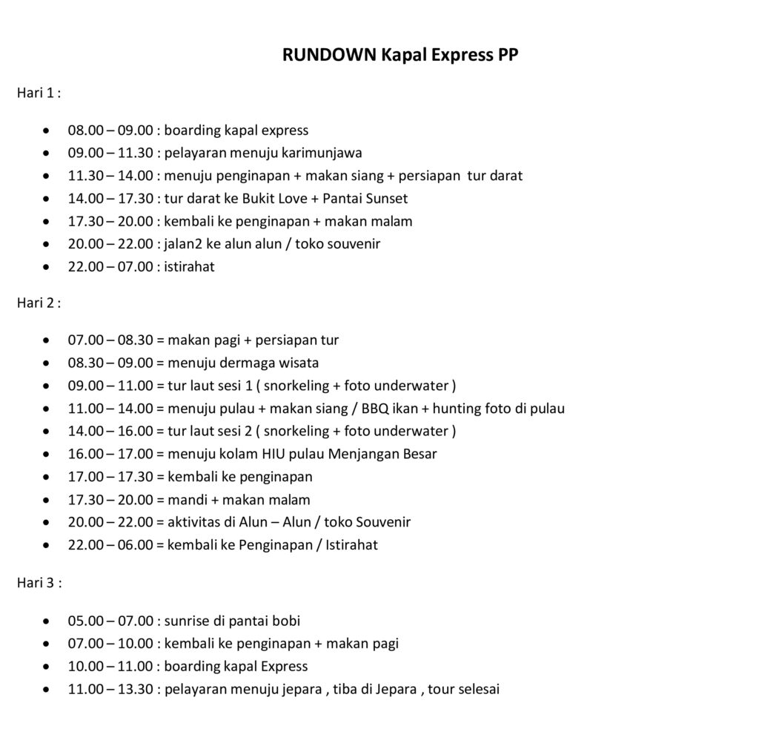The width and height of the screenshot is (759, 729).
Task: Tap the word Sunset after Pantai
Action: coord(385,198)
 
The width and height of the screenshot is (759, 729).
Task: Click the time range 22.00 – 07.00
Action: coord(110,266)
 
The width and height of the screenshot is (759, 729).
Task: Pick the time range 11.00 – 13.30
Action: coord(110,689)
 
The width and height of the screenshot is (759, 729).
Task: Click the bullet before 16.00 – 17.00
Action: coord(47,454)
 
